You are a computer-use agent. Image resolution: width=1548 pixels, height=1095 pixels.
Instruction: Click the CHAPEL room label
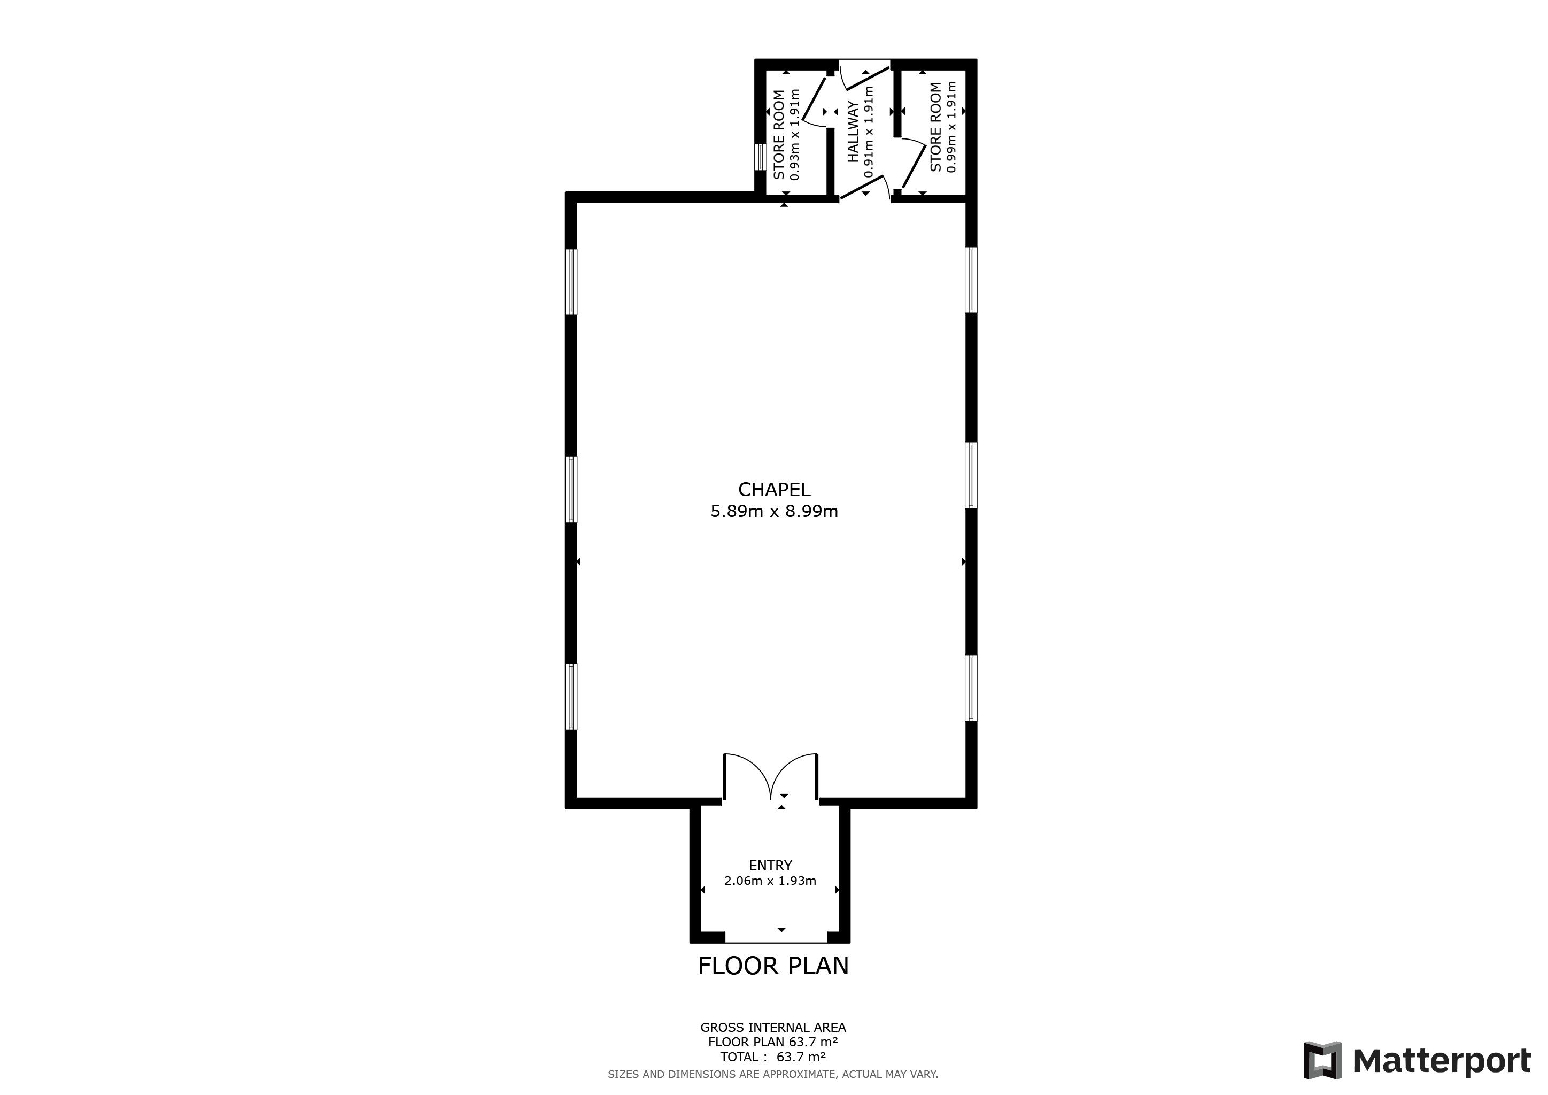click(774, 490)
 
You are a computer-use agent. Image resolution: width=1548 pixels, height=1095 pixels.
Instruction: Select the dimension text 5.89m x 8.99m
click(774, 512)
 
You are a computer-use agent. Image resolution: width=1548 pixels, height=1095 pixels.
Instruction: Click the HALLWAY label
click(854, 132)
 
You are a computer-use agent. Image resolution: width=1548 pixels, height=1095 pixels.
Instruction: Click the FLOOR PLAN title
click(773, 966)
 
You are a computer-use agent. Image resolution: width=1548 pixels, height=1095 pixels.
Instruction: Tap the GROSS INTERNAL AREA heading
click(773, 1028)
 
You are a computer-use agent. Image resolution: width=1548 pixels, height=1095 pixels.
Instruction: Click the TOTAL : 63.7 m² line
click(773, 1057)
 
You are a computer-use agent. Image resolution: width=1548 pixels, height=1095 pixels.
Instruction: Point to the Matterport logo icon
click(1323, 1061)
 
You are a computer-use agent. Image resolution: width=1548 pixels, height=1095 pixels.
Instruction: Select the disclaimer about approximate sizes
click(773, 1075)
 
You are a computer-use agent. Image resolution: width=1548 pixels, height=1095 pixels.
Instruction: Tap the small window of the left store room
click(761, 157)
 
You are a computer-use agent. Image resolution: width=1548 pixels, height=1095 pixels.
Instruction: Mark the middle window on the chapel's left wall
click(571, 490)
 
